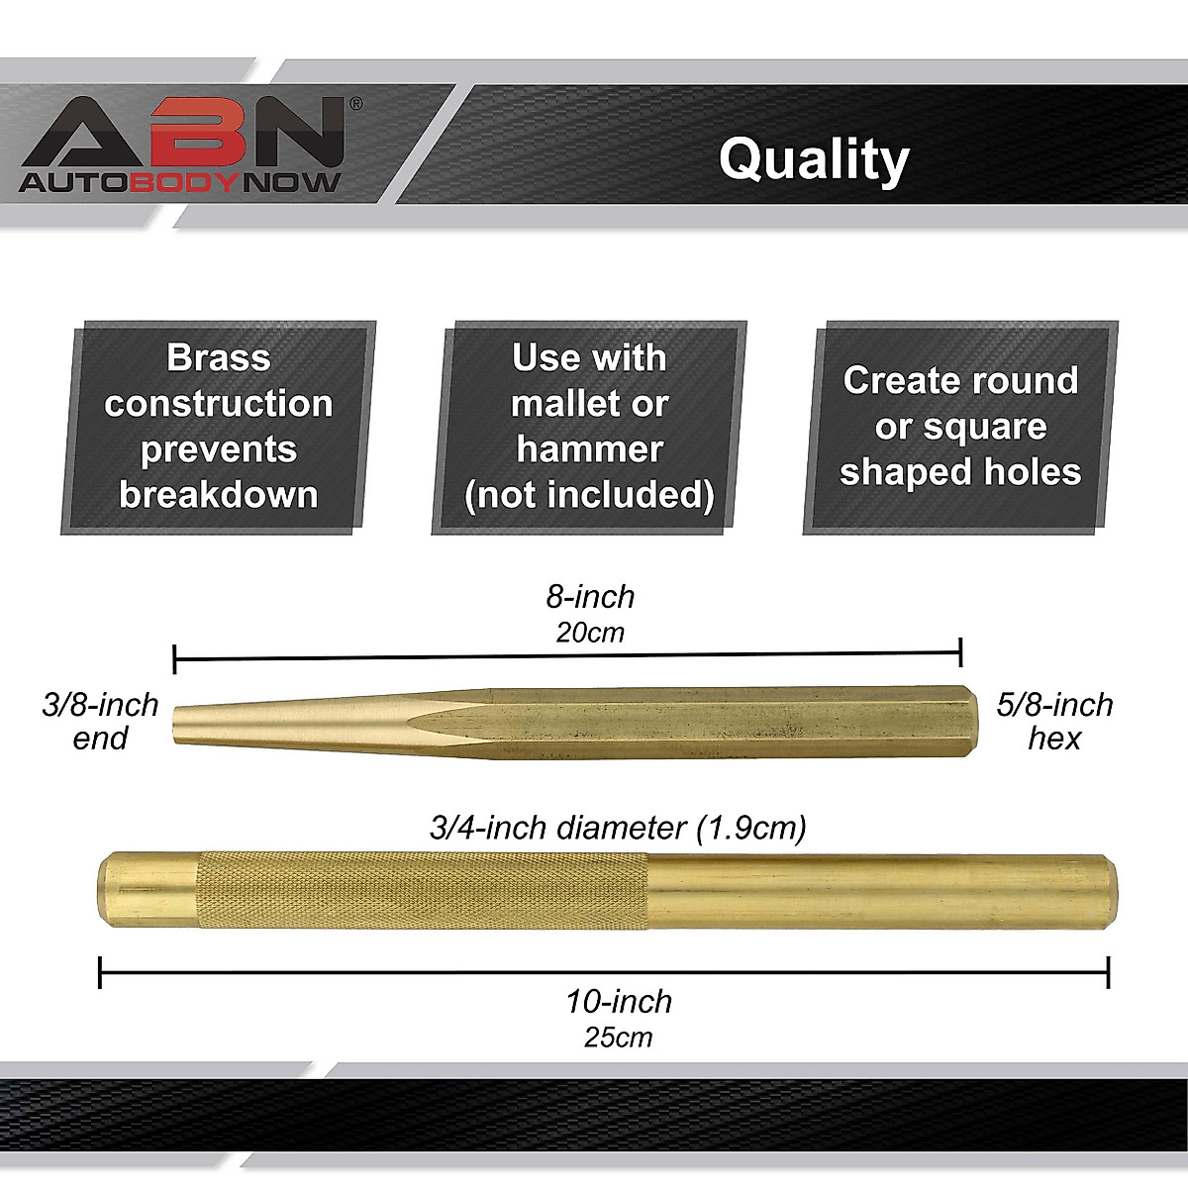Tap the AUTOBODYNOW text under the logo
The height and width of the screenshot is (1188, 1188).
pos(181,182)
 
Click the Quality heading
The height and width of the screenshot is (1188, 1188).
pos(813,159)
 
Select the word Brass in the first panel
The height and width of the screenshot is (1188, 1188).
pos(219,357)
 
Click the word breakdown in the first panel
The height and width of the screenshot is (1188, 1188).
pos(219,494)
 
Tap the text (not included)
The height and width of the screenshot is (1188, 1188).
pos(590,494)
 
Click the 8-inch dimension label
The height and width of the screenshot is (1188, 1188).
pos(590,597)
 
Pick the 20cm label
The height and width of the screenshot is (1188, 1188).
pos(590,633)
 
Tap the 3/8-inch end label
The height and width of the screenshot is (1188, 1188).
pos(100,721)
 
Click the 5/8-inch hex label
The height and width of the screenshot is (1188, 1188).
pos(1055,721)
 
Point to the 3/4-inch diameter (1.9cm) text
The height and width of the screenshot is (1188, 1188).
pos(618,828)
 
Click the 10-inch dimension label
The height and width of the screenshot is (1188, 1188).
pos(619,1001)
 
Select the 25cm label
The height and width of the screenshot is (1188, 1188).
pos(619,1037)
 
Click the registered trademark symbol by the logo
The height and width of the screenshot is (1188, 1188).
pos(356,103)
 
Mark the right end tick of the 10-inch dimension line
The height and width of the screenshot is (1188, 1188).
pos(1108,972)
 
